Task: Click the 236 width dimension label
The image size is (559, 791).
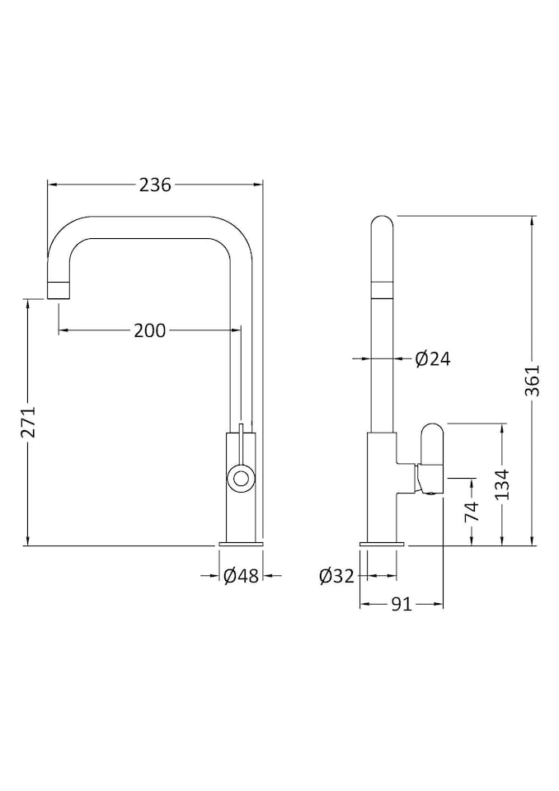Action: click(156, 185)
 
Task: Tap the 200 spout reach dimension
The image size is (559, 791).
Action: click(150, 330)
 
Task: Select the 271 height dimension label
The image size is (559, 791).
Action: click(31, 422)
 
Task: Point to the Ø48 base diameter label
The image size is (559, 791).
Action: click(242, 575)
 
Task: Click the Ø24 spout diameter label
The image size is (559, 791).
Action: click(433, 358)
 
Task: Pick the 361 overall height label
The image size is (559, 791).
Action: click(533, 381)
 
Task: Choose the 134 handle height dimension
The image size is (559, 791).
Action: click(502, 484)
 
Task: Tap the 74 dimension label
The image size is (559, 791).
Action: click(472, 512)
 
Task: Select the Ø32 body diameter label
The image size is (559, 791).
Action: click(337, 575)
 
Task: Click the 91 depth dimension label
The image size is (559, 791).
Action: click(402, 604)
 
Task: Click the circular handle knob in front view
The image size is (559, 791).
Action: click(241, 477)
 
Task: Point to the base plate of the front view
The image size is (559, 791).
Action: click(241, 544)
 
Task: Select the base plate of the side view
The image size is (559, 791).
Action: click(382, 544)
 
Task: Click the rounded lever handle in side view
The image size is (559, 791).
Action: click(432, 459)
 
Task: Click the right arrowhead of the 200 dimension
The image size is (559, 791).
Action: click(236, 330)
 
